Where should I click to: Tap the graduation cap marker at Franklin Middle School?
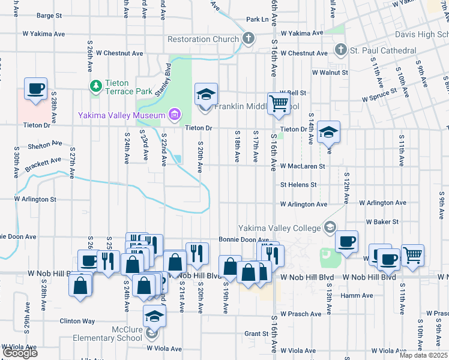(x=206, y=95)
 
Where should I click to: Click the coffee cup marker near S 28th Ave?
(x=35, y=89)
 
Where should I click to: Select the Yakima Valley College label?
(x=280, y=228)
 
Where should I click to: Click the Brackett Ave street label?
(x=44, y=162)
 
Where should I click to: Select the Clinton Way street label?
(x=77, y=321)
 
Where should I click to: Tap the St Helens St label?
(x=298, y=185)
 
